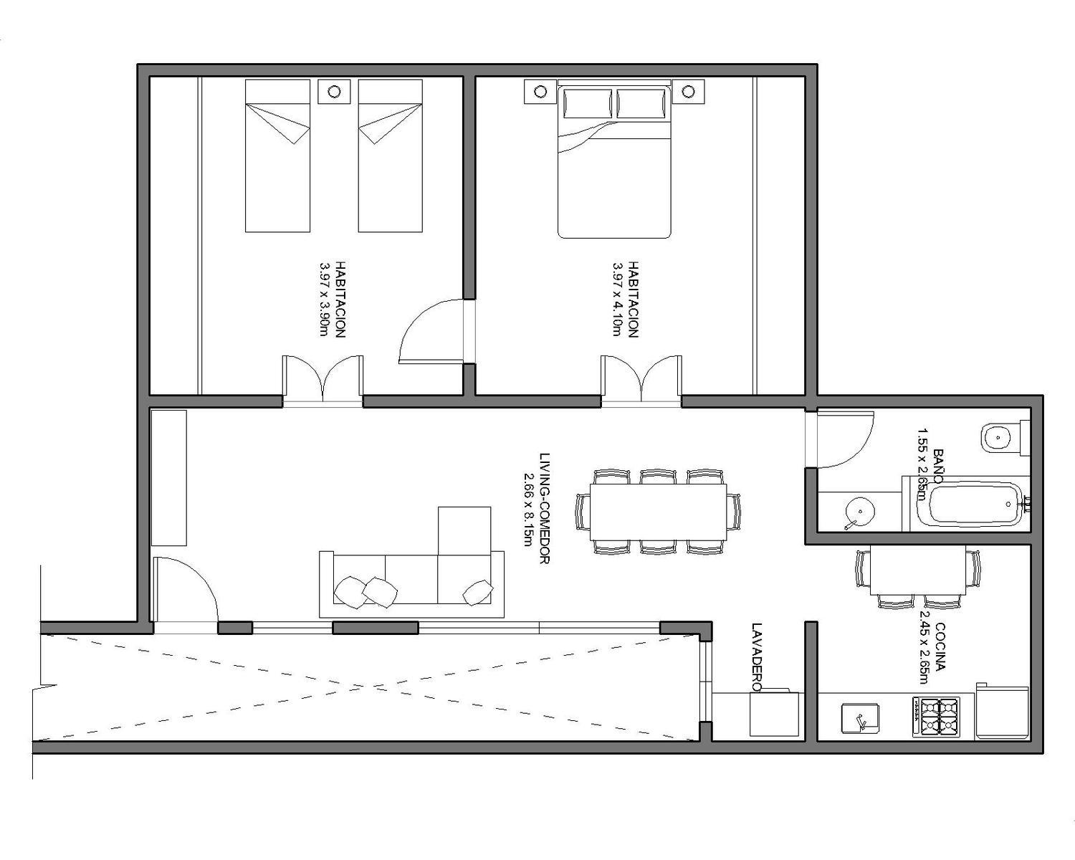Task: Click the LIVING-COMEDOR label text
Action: (x=544, y=509)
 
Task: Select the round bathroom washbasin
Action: (x=860, y=511)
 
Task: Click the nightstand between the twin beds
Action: (x=334, y=92)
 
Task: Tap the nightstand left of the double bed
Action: (x=540, y=92)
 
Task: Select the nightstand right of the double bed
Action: (x=689, y=92)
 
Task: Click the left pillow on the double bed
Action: (x=588, y=103)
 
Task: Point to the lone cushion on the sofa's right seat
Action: (x=478, y=593)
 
